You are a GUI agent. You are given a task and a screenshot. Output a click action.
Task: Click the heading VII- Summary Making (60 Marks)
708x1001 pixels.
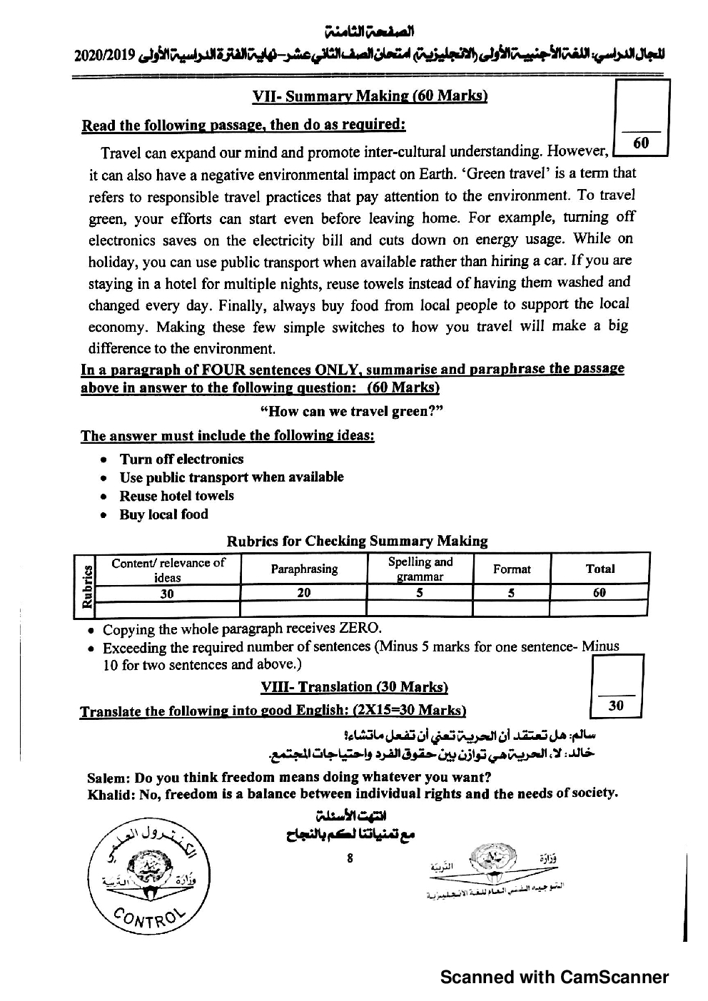(x=370, y=96)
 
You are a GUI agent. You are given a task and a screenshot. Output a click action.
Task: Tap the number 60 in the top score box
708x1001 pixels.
(x=641, y=143)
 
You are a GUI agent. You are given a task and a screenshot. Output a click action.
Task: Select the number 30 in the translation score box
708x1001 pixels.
(x=616, y=706)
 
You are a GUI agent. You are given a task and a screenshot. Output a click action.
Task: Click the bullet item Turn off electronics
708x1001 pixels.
(x=181, y=459)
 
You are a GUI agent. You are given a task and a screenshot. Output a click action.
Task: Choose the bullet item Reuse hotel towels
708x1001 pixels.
(x=176, y=496)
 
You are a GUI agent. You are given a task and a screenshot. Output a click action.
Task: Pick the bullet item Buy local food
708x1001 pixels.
(x=163, y=514)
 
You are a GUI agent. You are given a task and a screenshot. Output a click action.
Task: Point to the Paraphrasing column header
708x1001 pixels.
(x=304, y=569)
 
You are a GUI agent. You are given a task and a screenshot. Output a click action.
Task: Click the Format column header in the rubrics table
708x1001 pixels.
(x=512, y=569)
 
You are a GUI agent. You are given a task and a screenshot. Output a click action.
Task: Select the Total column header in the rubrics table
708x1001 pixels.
(x=600, y=569)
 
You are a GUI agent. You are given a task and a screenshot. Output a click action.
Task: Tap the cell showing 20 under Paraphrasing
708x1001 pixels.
(x=304, y=592)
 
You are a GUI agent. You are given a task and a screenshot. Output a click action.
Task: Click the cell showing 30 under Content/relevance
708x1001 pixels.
(x=167, y=593)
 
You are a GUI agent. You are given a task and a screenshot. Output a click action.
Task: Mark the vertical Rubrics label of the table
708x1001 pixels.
(x=86, y=586)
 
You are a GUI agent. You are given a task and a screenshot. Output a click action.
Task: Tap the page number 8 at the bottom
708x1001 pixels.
(x=350, y=858)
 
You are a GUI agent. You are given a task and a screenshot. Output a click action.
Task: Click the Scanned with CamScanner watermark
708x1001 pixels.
(x=555, y=977)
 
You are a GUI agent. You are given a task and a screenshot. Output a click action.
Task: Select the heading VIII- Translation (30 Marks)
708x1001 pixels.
(x=354, y=687)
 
